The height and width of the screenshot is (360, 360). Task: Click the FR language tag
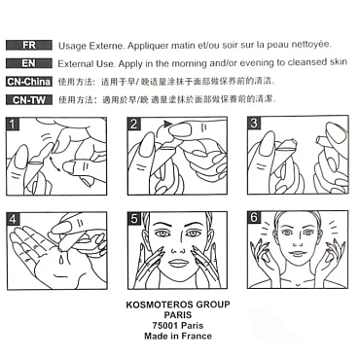(29, 45)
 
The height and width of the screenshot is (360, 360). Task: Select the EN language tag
(29, 63)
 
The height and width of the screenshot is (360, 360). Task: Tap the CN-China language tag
(29, 82)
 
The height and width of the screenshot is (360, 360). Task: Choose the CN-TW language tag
(29, 100)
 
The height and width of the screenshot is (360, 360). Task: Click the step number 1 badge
(13, 124)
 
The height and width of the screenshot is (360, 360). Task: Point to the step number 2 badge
(133, 124)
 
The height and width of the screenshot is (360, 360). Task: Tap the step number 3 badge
(254, 124)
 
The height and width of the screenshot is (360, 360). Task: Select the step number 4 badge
(13, 219)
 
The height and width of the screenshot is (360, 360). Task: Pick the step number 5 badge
(134, 219)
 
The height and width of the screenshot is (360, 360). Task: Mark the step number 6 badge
(254, 217)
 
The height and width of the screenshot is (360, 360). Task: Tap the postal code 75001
(165, 325)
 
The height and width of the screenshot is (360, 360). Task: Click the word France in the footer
(197, 336)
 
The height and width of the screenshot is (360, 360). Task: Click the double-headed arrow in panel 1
(54, 163)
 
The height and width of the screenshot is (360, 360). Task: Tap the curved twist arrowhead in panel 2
(167, 124)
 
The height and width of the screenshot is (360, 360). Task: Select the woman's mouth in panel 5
(177, 263)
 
